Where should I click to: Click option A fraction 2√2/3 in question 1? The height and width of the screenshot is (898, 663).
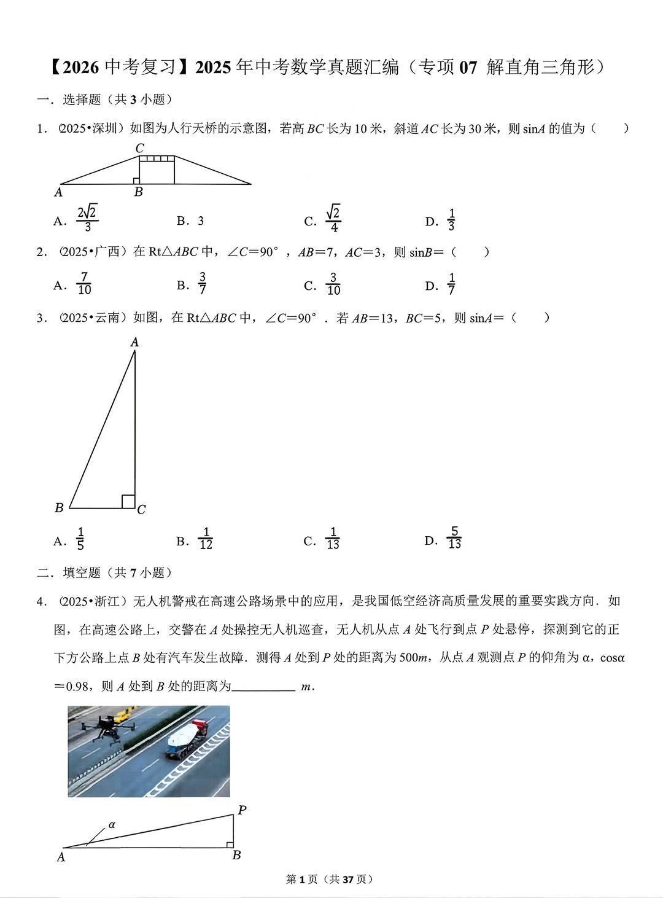[x=87, y=219]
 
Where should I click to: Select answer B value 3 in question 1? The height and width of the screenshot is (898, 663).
[x=200, y=221]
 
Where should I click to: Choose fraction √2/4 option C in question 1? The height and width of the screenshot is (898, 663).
[x=333, y=219]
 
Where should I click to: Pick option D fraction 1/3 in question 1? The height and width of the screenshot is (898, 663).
[x=451, y=220]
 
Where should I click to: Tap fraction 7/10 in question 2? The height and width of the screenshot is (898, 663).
[x=84, y=284]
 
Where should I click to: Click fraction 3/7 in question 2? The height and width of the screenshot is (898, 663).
[x=202, y=284]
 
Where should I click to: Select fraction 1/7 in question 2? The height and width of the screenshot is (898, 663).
[x=451, y=284]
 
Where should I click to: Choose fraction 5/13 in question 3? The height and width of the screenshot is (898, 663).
[x=454, y=538]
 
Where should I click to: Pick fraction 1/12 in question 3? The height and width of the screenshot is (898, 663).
[x=206, y=539]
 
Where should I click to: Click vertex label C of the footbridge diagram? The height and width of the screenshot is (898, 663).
[x=139, y=148]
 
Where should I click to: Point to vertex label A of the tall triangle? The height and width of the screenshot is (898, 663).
[x=134, y=342]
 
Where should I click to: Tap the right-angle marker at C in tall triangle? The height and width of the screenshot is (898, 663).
[x=128, y=501]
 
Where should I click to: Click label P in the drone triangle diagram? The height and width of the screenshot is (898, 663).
[x=242, y=811]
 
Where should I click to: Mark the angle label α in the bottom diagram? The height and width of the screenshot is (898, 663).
[x=112, y=825]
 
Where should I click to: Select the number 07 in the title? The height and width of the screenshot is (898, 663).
[x=468, y=67]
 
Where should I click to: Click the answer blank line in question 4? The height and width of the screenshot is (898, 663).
[x=264, y=687]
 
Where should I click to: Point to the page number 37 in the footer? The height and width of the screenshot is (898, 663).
[x=348, y=880]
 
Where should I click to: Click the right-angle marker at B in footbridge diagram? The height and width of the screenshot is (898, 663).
[x=136, y=181]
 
